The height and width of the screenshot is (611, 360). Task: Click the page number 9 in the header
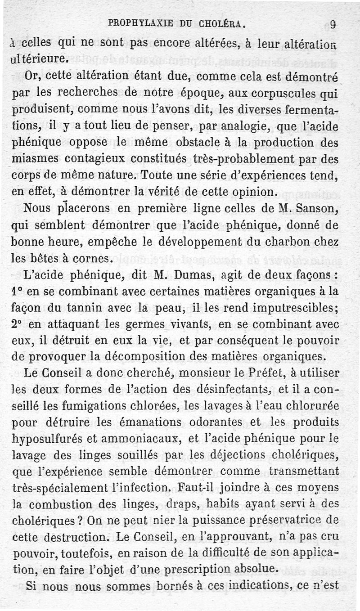[333, 25]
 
